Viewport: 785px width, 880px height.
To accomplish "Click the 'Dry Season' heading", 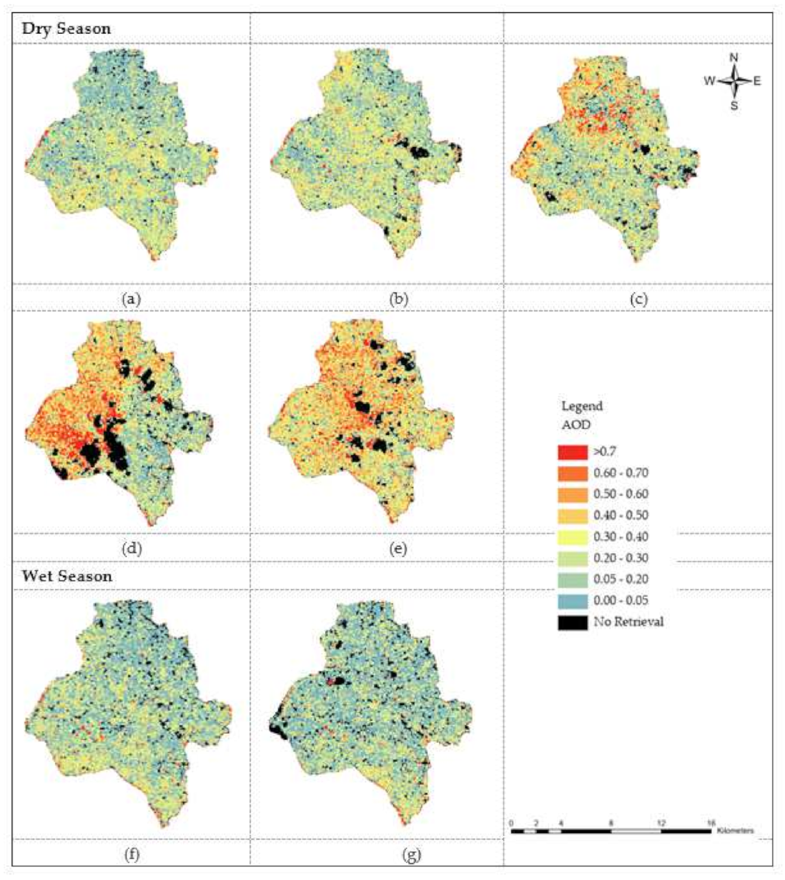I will [66, 29].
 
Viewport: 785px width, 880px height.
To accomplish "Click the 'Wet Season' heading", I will [66, 576].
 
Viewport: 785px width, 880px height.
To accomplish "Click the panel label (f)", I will [131, 854].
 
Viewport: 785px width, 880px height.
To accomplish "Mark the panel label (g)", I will [411, 854].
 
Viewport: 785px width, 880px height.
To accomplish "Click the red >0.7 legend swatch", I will [573, 452].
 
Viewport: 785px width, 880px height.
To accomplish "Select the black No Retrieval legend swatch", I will [573, 622].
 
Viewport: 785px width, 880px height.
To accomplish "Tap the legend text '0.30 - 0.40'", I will [621, 537].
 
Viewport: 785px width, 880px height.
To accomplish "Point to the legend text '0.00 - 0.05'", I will [621, 601].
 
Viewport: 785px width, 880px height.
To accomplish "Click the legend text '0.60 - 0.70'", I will [621, 473].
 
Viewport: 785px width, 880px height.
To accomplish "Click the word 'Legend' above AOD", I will [581, 406].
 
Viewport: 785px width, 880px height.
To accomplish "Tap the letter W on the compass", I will [709, 81].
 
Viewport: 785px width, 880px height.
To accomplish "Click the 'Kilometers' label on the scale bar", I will [734, 831].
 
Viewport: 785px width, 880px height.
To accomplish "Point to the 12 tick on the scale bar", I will [661, 824].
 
